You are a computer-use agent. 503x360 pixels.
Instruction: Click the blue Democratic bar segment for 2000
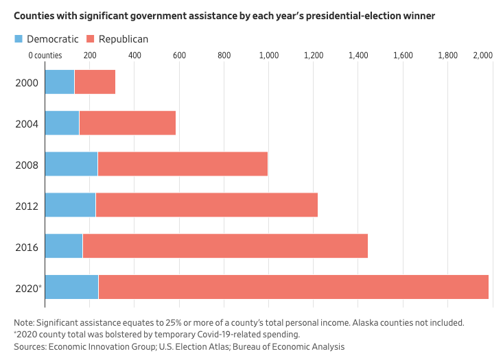(x=60, y=82)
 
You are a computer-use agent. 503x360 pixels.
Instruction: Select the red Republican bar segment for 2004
(x=128, y=123)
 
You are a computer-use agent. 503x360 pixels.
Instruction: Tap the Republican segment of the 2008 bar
(x=183, y=164)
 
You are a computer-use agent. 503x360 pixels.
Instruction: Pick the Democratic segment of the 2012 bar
(x=70, y=205)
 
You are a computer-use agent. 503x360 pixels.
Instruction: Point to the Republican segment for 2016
(x=225, y=246)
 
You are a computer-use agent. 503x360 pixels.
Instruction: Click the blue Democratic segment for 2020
(x=71, y=287)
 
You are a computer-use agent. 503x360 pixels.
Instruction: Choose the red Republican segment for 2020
(x=293, y=287)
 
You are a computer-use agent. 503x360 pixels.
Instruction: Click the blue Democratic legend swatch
(x=19, y=39)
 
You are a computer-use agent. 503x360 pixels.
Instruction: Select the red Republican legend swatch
(x=89, y=39)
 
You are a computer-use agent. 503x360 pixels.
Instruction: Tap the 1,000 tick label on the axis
(x=268, y=55)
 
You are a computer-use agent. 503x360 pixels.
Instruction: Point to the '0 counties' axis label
(x=45, y=55)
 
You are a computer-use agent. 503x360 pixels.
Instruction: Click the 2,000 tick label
(x=482, y=55)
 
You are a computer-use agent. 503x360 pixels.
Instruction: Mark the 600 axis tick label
(x=179, y=55)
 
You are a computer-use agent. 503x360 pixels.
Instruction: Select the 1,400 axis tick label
(x=358, y=55)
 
